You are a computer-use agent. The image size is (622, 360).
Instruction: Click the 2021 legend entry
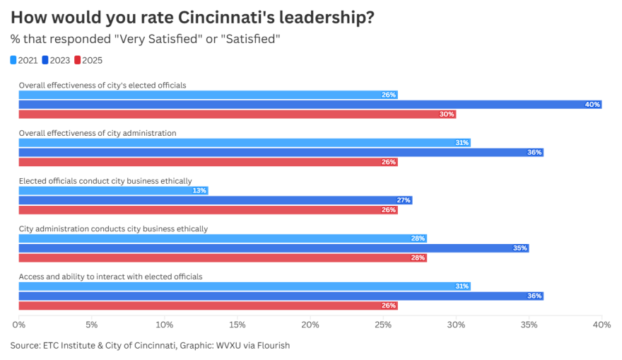click(24, 60)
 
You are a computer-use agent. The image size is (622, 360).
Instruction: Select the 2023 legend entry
click(56, 60)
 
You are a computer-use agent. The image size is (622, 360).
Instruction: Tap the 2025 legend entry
click(88, 60)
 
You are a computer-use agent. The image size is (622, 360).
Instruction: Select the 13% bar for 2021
click(113, 190)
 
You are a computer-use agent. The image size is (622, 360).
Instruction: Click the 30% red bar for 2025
click(237, 115)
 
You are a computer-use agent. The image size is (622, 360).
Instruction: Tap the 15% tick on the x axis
click(237, 325)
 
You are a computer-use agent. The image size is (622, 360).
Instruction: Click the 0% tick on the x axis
click(19, 325)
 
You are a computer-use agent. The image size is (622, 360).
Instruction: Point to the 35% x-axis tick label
click(529, 325)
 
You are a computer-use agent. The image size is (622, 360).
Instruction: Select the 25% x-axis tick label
click(383, 325)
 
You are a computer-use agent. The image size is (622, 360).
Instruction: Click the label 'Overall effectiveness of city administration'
click(98, 133)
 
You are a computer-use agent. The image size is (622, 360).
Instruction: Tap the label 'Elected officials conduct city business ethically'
click(105, 181)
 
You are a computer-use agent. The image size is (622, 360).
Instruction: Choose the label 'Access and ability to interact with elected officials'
click(110, 277)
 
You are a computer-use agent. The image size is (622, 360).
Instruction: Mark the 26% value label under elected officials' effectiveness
click(389, 95)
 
